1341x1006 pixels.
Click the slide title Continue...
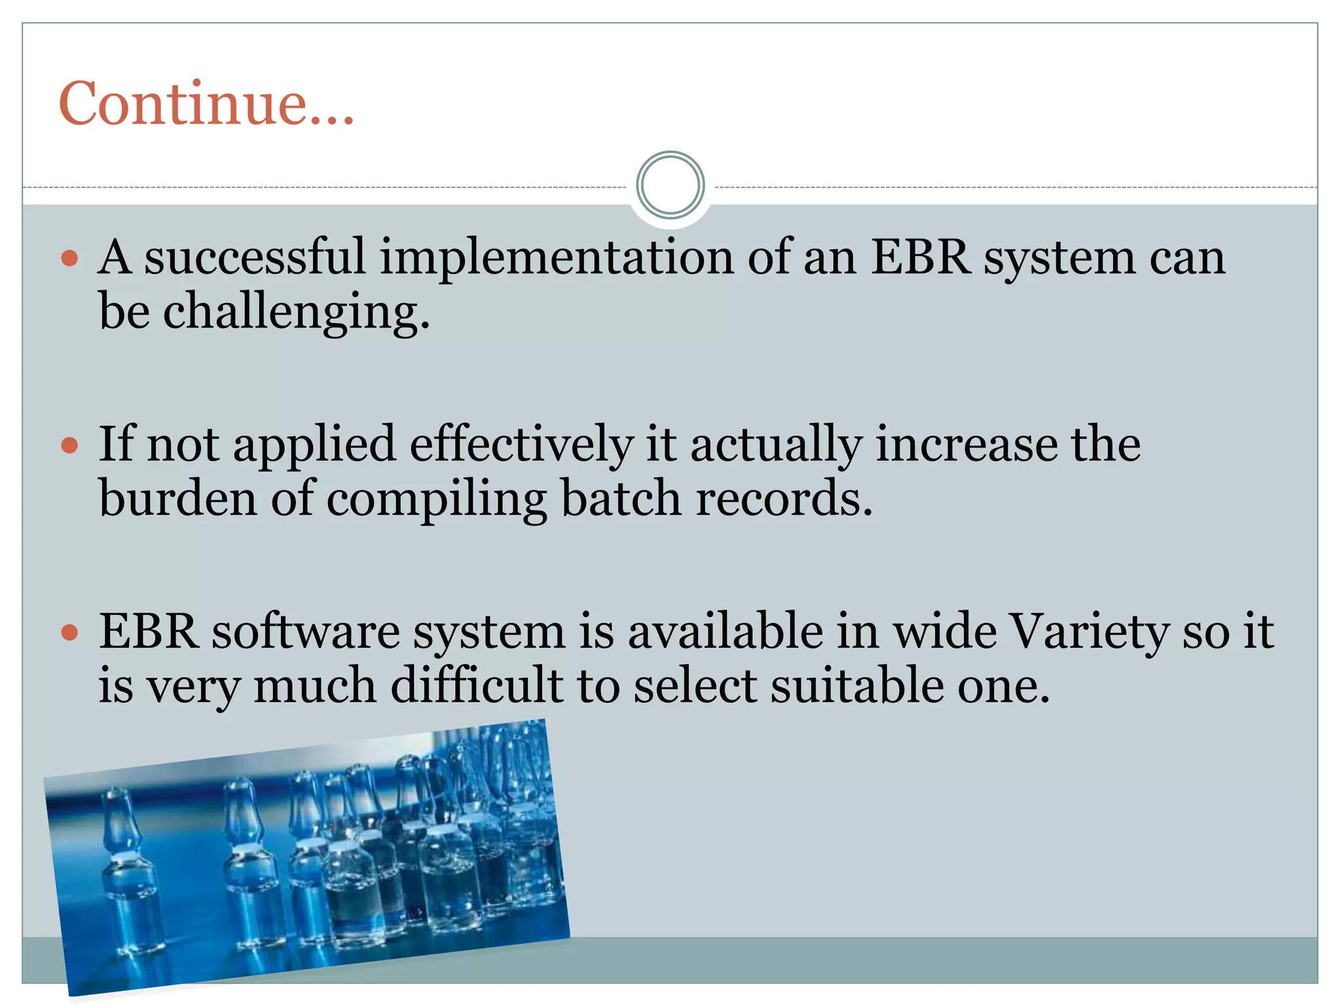pos(206,103)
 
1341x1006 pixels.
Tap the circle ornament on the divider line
pos(670,185)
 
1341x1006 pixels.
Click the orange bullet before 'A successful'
pos(69,258)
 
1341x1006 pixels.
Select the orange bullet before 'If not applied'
pos(69,446)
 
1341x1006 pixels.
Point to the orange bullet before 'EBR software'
pos(69,633)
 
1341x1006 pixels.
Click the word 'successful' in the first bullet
pos(254,257)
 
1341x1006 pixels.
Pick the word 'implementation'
pos(556,257)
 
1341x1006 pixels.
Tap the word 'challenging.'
pos(296,313)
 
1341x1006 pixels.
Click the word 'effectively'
pos(521,445)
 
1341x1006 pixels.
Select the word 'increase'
pos(966,445)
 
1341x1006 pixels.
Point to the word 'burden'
pos(177,499)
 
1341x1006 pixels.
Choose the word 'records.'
pos(784,499)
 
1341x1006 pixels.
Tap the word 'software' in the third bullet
pos(305,632)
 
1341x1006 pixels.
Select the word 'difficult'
pos(476,686)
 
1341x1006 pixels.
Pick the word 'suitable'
pos(856,686)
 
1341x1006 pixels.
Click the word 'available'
pos(725,632)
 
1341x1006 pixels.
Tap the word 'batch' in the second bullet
pos(621,499)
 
